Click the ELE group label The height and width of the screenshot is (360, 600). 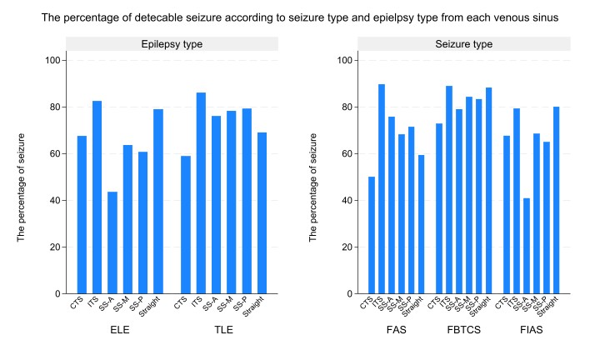pos(120,330)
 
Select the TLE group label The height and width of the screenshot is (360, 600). pos(223,330)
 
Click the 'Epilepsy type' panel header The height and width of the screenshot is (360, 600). pos(171,43)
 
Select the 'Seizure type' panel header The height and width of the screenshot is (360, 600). pos(463,43)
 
